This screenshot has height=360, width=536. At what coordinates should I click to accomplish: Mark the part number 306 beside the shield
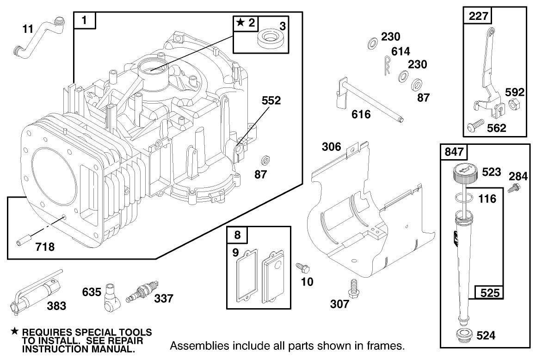click(x=332, y=147)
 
